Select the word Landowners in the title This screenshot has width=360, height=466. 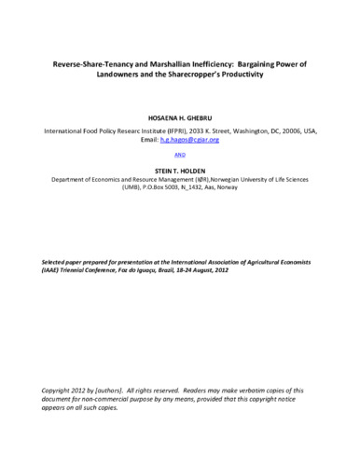point(118,75)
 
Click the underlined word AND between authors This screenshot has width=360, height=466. point(180,157)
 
